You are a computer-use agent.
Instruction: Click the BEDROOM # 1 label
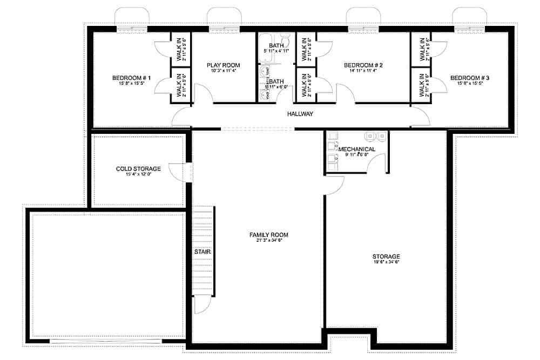[x=131, y=78]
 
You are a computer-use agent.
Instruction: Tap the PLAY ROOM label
[x=223, y=65]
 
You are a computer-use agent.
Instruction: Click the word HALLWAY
[x=300, y=114]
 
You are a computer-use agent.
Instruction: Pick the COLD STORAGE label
[x=138, y=169]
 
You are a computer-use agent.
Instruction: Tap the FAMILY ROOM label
[x=268, y=235]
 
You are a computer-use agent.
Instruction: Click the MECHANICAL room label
[x=356, y=149]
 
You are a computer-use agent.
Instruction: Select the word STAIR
[x=202, y=252]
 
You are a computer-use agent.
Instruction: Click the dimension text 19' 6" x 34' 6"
[x=386, y=262]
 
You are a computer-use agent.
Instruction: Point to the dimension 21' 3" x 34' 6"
[x=268, y=240]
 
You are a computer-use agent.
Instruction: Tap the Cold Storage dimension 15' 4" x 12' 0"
[x=138, y=174]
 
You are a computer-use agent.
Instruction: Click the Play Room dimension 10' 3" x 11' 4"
[x=223, y=70]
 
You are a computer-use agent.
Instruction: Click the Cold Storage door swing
[x=177, y=173]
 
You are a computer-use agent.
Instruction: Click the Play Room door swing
[x=204, y=93]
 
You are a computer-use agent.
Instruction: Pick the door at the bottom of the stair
[x=201, y=305]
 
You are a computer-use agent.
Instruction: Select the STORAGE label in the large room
[x=386, y=256]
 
